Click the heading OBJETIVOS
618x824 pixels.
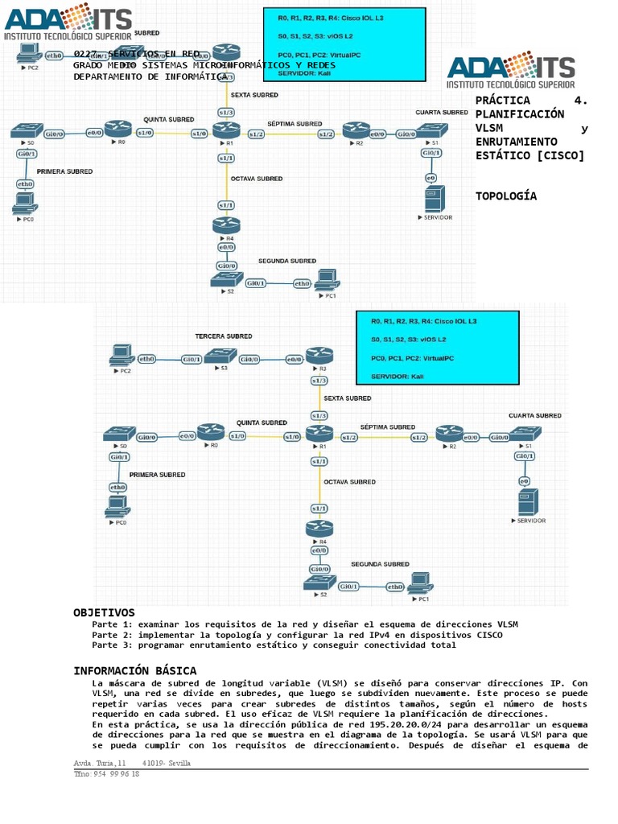tap(104, 613)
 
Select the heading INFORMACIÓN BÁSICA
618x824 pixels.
tap(134, 671)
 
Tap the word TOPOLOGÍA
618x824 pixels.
tap(506, 196)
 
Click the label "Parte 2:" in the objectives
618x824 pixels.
tap(113, 635)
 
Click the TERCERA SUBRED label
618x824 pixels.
tap(223, 336)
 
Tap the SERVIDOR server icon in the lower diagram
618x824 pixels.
tap(527, 501)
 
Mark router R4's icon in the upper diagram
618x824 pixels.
tap(226, 225)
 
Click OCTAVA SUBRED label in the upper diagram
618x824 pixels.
tap(257, 179)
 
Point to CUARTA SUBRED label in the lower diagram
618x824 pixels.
tap(535, 416)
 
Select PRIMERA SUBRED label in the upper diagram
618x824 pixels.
tap(64, 171)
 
